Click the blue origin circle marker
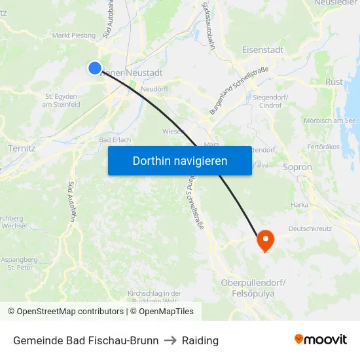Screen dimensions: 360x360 point(95,68)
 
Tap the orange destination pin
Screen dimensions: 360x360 point(265,240)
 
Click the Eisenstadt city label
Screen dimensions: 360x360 point(262,49)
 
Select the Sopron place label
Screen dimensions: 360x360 point(298,167)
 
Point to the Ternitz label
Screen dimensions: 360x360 point(22,148)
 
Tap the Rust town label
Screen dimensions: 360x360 point(334,82)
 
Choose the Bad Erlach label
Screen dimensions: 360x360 point(115,140)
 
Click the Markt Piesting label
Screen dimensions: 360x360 point(73,35)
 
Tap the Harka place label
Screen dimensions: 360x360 point(299,205)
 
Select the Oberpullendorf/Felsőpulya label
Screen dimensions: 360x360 point(253,288)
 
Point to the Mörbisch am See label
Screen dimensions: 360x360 point(329,120)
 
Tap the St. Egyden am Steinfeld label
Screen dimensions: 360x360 point(62,100)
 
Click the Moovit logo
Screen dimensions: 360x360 point(321,339)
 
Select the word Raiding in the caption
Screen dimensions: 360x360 point(200,340)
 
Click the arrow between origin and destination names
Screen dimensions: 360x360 point(170,340)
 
